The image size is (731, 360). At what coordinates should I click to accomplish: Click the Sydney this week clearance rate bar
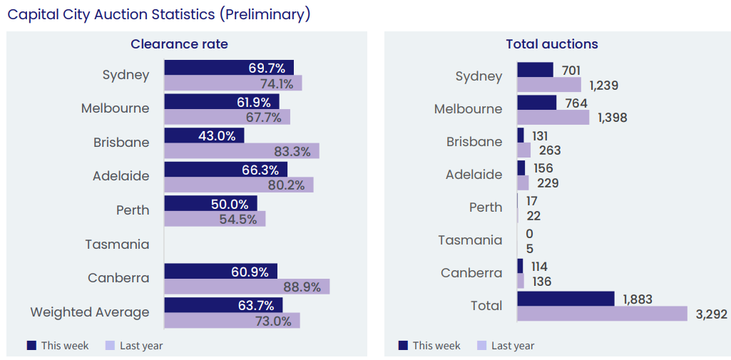[x=228, y=68]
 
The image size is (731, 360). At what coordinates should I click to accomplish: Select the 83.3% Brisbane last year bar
[x=241, y=151]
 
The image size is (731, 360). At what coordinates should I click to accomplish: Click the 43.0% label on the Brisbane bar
[x=217, y=135]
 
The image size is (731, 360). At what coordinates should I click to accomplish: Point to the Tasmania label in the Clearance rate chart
[x=117, y=245]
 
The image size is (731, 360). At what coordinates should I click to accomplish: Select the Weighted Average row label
[x=90, y=312]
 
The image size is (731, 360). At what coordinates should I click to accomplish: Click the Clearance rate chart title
[x=179, y=44]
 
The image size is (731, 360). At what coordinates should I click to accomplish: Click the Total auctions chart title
[x=551, y=44]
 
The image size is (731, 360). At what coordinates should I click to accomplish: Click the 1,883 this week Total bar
[x=566, y=298]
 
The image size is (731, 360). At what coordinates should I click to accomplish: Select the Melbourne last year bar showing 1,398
[x=553, y=118]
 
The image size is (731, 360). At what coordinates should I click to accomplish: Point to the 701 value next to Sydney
[x=571, y=70]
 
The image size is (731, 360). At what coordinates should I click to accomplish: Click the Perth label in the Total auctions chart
[x=485, y=207]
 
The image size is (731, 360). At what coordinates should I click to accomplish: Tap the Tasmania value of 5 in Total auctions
[x=529, y=249]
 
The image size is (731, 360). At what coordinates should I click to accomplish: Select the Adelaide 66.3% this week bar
[x=225, y=169]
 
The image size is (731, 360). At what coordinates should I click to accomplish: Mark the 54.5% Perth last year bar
[x=214, y=219]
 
